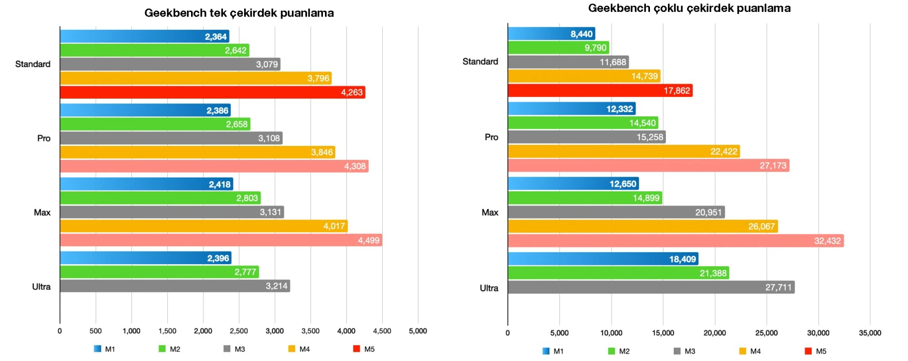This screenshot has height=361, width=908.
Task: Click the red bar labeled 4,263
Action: (212, 92)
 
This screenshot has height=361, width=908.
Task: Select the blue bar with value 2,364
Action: (144, 37)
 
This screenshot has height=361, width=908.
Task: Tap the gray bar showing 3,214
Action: (175, 286)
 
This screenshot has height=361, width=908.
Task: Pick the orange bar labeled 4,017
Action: (203, 226)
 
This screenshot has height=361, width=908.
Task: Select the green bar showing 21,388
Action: (618, 273)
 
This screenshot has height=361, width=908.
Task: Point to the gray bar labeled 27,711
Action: (651, 287)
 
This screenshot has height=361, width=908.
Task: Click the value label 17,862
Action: (676, 91)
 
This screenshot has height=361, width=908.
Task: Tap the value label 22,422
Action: (724, 152)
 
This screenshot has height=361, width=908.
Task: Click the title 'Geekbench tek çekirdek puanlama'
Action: (239, 13)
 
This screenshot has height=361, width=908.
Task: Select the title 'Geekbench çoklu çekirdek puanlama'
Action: (689, 8)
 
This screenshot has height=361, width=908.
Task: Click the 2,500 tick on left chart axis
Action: (238, 331)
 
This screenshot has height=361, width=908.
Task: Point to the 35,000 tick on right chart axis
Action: (870, 333)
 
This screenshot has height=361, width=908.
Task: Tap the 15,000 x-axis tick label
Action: (663, 333)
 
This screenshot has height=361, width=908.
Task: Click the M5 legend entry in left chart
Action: (364, 349)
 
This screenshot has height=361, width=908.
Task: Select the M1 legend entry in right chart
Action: (553, 351)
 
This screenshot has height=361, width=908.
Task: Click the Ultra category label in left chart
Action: (41, 287)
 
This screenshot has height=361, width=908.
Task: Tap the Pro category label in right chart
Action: (491, 137)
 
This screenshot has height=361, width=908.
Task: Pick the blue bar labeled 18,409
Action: (603, 259)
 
